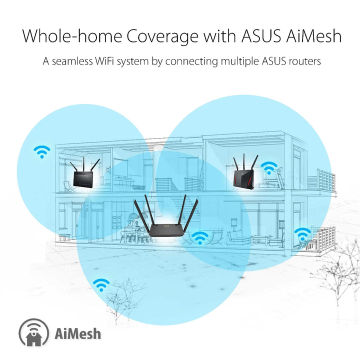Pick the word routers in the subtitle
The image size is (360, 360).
click(303, 62)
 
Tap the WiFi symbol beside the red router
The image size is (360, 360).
click(269, 168)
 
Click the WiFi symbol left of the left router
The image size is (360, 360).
click(42, 151)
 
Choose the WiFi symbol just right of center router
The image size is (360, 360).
click(200, 237)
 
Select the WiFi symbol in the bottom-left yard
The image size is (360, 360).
click(101, 284)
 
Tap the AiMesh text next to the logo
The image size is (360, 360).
click(75, 333)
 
